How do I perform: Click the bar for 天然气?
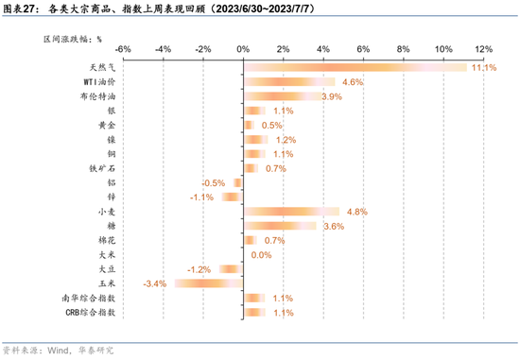click(x=355, y=67)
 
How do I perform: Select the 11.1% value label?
click(x=484, y=68)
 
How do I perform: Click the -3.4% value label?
click(x=154, y=283)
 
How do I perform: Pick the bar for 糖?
click(x=280, y=226)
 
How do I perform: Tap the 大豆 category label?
click(x=107, y=269)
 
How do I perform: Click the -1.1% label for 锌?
click(x=201, y=197)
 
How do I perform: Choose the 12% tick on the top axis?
click(x=483, y=47)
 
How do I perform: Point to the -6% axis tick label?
click(x=122, y=47)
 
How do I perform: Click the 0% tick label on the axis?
click(x=242, y=47)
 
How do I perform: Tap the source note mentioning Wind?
click(x=59, y=350)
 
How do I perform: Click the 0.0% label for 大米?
click(x=262, y=255)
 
